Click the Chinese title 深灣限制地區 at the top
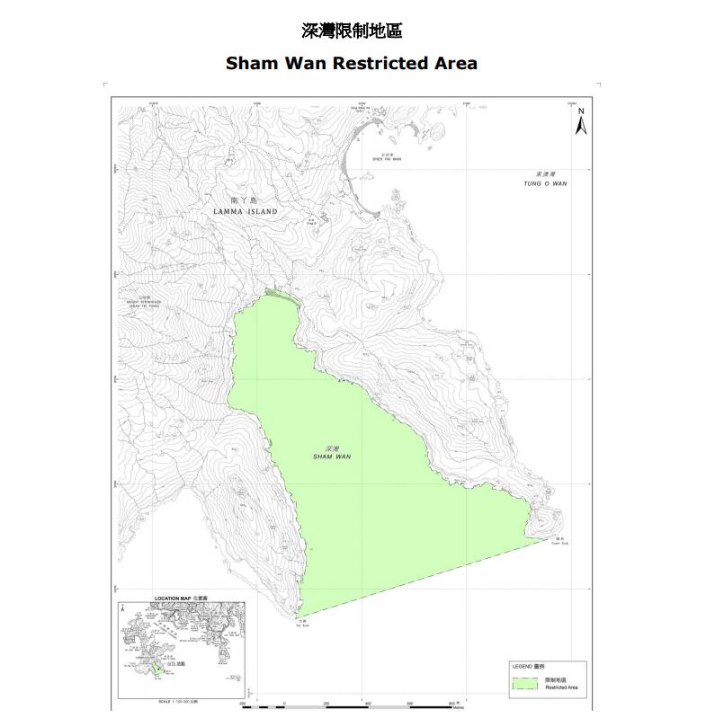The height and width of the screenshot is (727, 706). pos(352,31)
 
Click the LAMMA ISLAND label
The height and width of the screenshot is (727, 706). pos(246,211)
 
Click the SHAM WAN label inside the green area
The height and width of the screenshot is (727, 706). pos(333,456)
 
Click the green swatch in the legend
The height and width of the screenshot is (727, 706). pos(525,683)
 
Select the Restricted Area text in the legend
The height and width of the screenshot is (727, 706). pos(561,687)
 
